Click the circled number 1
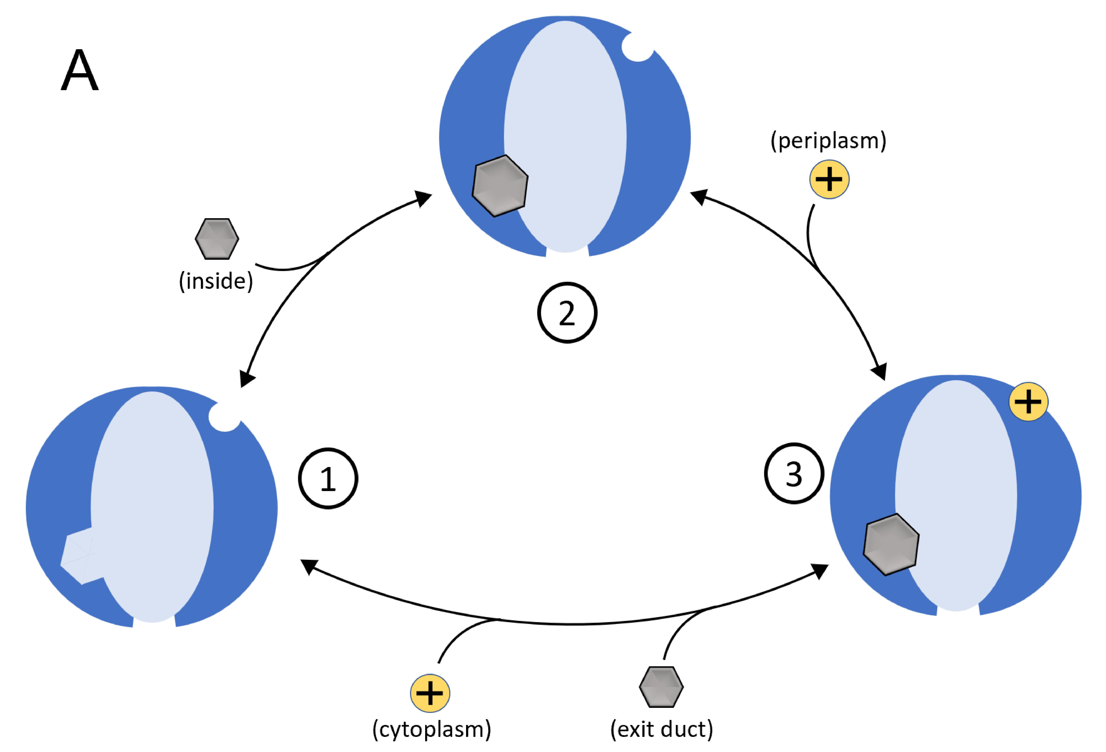[x=328, y=479]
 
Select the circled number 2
[x=567, y=313]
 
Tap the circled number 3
[x=794, y=474]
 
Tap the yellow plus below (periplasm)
[x=829, y=179]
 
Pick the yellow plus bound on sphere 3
[x=1028, y=402]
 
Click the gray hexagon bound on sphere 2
[x=500, y=186]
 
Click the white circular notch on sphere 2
[x=638, y=47]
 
